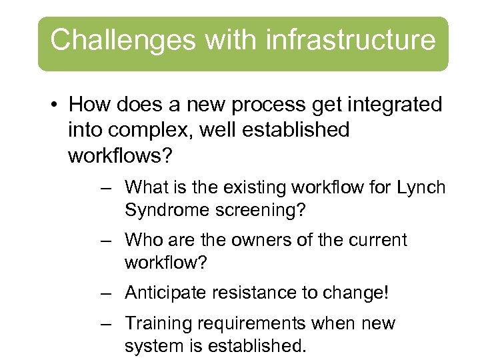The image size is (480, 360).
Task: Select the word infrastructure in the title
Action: point(350,40)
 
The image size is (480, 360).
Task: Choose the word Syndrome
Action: point(167,211)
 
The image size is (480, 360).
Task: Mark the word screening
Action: point(262,211)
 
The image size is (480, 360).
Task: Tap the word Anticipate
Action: point(167,292)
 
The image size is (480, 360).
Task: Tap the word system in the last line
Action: point(157,347)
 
